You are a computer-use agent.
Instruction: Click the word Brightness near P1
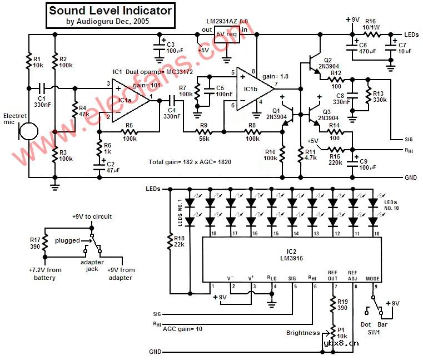tap(303, 332)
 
